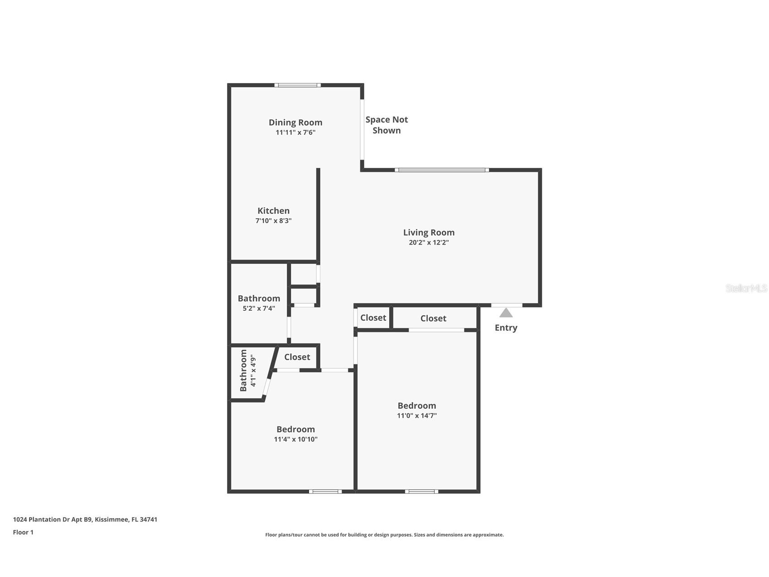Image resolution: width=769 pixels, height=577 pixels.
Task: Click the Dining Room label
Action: [x=295, y=122]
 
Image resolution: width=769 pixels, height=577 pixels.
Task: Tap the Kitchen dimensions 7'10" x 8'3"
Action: [x=273, y=221]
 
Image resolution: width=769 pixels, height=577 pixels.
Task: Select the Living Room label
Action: [x=429, y=232]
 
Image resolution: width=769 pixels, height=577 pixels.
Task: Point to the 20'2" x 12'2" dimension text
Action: [x=429, y=243]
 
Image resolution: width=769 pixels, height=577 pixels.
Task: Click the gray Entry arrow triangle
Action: [x=506, y=313]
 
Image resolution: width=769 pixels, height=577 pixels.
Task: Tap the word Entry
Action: [x=506, y=328]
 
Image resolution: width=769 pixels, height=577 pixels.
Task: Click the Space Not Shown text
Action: [x=387, y=125]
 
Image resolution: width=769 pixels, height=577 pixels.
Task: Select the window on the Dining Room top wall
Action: [x=297, y=85]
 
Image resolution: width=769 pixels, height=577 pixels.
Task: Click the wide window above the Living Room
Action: [x=442, y=170]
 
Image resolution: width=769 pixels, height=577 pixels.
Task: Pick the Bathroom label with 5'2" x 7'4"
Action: [x=259, y=298]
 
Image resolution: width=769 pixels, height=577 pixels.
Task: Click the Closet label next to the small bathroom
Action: [x=297, y=357]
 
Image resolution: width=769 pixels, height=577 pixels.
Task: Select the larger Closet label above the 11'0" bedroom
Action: [x=433, y=318]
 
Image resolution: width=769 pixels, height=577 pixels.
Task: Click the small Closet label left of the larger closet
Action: [x=373, y=318]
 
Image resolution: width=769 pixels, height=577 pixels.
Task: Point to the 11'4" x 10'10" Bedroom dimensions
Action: [x=295, y=439]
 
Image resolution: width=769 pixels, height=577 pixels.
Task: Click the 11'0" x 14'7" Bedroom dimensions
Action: [x=416, y=416]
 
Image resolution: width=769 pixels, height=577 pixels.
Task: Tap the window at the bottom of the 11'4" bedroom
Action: [x=325, y=491]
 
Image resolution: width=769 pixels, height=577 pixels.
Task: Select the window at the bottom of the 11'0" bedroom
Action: [x=421, y=491]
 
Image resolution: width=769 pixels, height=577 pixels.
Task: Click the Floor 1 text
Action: [x=23, y=532]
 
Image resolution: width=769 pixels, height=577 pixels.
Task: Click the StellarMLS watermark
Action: [x=746, y=288]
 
